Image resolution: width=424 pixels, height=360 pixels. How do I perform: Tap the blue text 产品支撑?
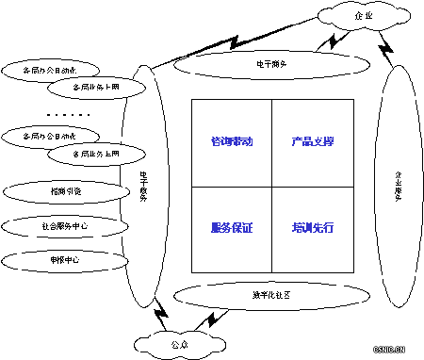pyautogui.click(x=313, y=141)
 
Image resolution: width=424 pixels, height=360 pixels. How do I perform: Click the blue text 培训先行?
pyautogui.click(x=313, y=228)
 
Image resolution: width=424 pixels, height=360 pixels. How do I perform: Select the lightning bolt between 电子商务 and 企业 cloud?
pyautogui.click(x=332, y=41)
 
